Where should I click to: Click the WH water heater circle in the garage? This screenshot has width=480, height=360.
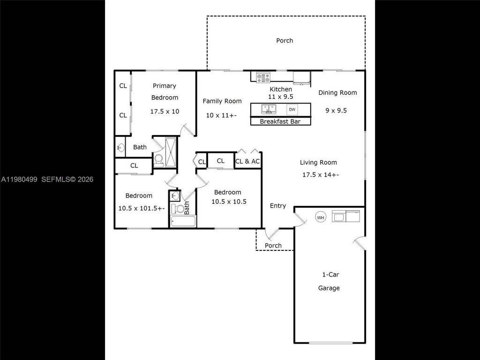tap(321, 217)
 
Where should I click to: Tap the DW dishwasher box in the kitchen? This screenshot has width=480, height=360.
tap(292, 110)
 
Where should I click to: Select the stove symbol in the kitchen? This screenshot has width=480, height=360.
tap(263, 78)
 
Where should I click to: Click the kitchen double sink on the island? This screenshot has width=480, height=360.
tap(269, 109)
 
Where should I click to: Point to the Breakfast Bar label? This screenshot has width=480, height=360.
tap(280, 122)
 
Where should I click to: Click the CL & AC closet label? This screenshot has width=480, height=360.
tap(247, 161)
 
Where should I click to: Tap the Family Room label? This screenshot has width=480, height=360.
tap(222, 101)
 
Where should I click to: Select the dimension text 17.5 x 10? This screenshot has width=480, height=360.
tap(165, 112)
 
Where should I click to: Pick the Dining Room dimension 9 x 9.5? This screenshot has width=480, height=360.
tap(336, 111)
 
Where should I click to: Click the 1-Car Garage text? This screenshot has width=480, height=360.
tap(329, 281)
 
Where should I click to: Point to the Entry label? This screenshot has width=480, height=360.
tap(277, 206)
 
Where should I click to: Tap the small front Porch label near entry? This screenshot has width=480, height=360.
tap(273, 246)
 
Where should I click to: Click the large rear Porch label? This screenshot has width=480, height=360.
tap(285, 41)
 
